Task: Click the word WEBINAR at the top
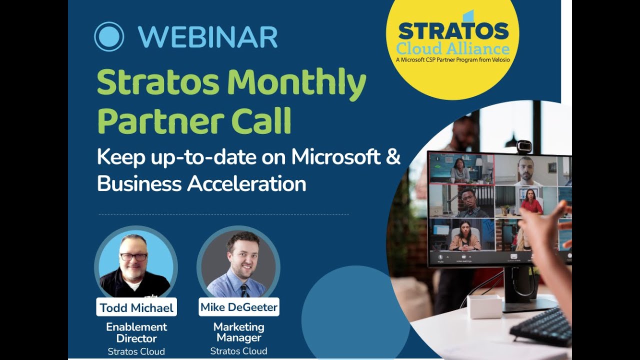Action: pyautogui.click(x=207, y=36)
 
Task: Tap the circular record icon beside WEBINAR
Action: pyautogui.click(x=109, y=36)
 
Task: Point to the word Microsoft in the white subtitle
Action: pyautogui.click(x=336, y=157)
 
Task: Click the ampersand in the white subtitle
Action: pyautogui.click(x=393, y=157)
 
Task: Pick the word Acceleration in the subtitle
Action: pyautogui.click(x=246, y=184)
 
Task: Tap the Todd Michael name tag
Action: pyautogui.click(x=136, y=307)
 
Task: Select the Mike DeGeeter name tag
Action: pyautogui.click(x=238, y=306)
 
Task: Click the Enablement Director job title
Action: pyautogui.click(x=136, y=332)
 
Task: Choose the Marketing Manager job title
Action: pyautogui.click(x=238, y=332)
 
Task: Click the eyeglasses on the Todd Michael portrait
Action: pyautogui.click(x=133, y=257)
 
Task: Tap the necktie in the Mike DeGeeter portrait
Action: pyautogui.click(x=243, y=289)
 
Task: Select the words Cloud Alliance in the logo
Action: pyautogui.click(x=453, y=49)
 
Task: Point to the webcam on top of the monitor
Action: pyautogui.click(x=523, y=146)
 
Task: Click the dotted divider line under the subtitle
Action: pyautogui.click(x=223, y=215)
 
